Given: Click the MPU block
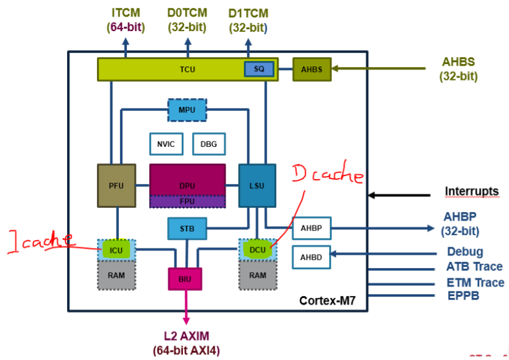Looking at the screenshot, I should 187,110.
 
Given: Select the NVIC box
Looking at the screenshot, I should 166,144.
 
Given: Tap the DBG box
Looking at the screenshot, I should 208,144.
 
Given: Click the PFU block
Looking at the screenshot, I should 116,185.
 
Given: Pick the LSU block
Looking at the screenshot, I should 257,185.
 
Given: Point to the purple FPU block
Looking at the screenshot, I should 187,200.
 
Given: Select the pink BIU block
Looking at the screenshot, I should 185,278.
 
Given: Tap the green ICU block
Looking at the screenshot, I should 116,249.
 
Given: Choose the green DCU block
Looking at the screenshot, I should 257,249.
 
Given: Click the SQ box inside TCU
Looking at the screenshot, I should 259,69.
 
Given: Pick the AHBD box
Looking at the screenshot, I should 311,258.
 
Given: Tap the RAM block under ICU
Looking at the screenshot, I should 116,275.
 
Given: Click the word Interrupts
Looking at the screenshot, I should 471,191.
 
